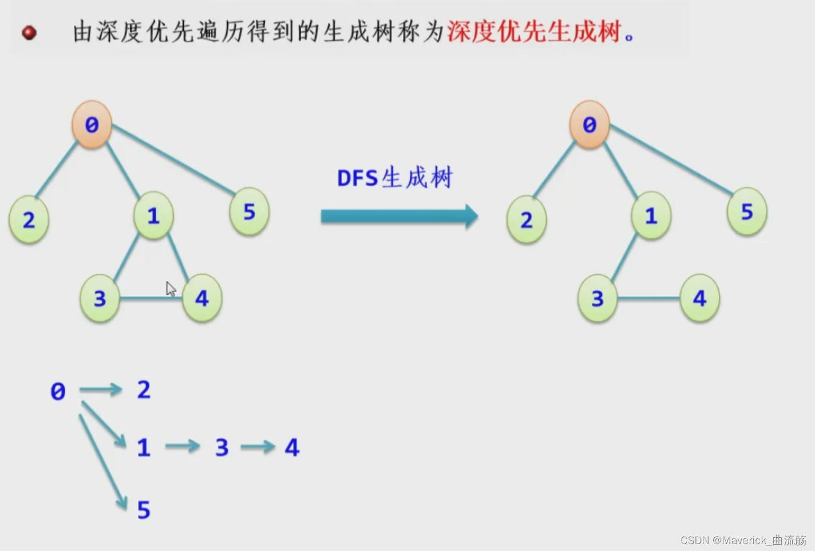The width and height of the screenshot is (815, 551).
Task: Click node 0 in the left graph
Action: (92, 124)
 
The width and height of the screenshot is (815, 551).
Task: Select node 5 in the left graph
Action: (249, 211)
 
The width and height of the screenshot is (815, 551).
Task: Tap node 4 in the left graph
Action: (202, 298)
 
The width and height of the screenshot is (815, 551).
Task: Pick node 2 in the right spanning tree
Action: (527, 219)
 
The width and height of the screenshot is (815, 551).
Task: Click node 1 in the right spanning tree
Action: (651, 215)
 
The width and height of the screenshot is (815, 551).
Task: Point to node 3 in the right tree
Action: (598, 298)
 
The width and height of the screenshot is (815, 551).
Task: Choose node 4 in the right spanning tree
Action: (699, 298)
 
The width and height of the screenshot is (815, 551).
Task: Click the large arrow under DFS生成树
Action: (399, 216)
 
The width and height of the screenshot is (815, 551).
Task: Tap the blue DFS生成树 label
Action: (395, 178)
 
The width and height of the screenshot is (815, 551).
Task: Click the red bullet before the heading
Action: (29, 33)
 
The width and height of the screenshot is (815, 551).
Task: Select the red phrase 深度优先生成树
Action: (534, 32)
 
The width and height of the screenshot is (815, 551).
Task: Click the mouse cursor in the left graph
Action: (171, 289)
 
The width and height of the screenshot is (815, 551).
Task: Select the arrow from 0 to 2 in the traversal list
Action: (101, 389)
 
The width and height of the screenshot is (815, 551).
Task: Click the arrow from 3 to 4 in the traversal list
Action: (258, 447)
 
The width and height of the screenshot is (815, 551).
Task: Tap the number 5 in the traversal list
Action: (144, 509)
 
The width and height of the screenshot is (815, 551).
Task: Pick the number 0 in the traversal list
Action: (58, 391)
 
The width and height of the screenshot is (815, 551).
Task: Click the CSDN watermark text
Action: (742, 540)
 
